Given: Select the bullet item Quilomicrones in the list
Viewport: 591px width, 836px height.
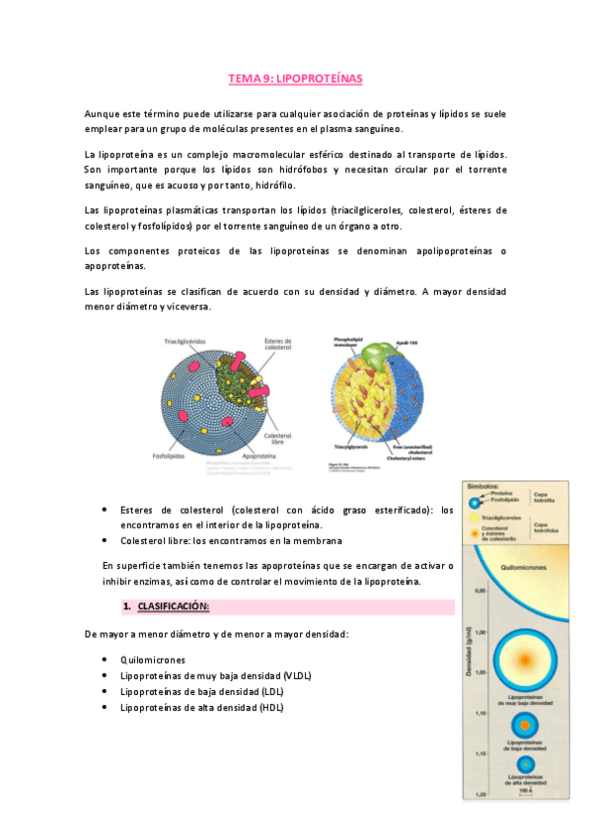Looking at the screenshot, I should coord(152,660).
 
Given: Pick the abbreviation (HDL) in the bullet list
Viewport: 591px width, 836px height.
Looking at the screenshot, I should coord(266,707).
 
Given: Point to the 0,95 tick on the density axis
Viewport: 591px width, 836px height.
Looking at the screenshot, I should coord(480,592).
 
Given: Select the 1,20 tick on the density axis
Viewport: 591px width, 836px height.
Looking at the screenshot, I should coord(480,793).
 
